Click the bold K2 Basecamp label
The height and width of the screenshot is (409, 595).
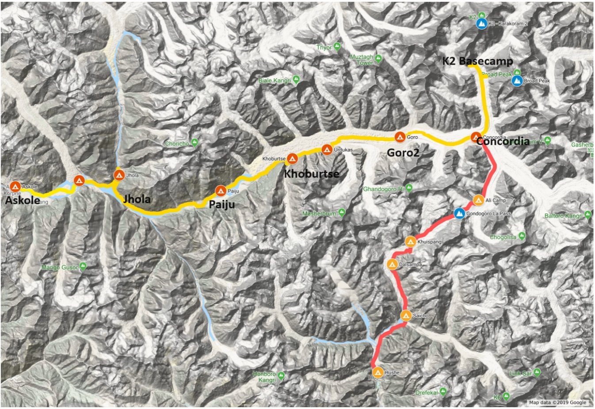click(477, 61)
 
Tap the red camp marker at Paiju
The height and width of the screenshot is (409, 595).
click(220, 191)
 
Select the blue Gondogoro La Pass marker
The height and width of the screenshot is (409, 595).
click(460, 214)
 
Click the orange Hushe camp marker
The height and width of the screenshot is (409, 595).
click(378, 372)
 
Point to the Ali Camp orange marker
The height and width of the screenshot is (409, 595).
click(478, 200)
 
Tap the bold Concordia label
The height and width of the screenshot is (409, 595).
click(503, 141)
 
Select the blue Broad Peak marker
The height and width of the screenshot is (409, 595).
click(516, 81)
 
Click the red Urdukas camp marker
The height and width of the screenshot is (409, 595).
click(327, 149)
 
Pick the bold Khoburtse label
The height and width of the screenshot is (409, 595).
click(311, 173)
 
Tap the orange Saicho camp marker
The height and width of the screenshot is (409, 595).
click(406, 316)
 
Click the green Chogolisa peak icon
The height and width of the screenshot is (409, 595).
click(522, 237)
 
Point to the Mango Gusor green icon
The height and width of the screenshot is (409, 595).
click(83, 267)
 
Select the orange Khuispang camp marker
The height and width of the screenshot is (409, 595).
click(410, 242)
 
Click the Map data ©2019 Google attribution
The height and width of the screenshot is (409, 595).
click(557, 402)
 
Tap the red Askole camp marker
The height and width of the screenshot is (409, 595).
click(15, 187)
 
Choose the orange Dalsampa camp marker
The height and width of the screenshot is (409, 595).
click(392, 264)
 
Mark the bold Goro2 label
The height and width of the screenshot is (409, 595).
click(403, 153)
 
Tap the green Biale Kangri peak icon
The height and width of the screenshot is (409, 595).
click(296, 80)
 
